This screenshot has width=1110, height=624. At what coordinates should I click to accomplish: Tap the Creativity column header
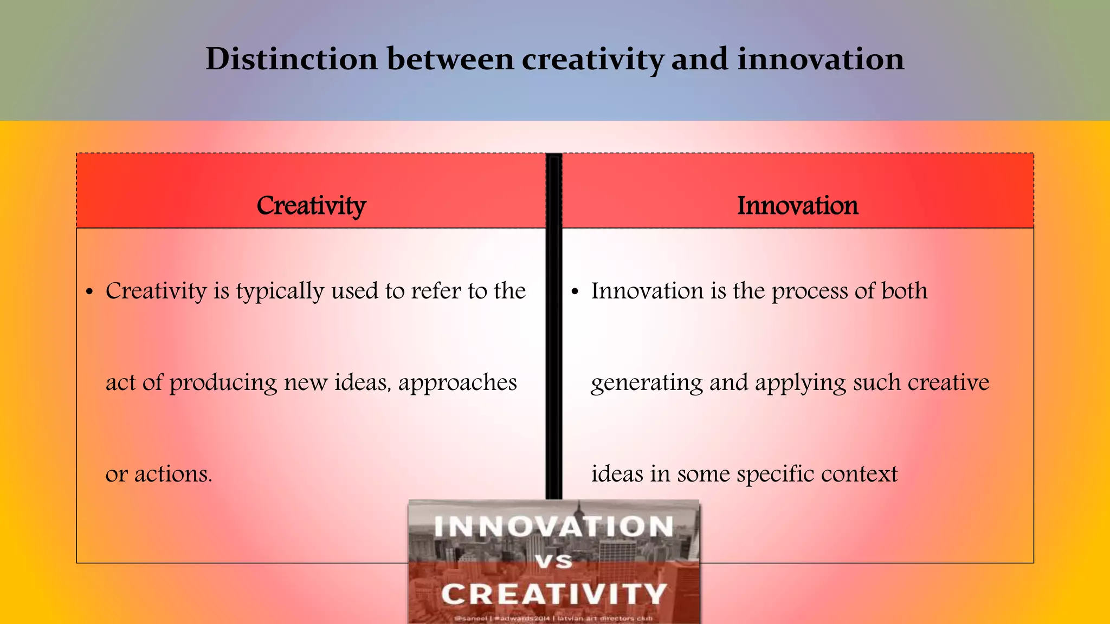[x=311, y=205]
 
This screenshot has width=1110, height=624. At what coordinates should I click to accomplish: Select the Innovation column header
[x=797, y=205]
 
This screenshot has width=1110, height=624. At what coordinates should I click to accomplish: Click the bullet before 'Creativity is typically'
[x=90, y=292]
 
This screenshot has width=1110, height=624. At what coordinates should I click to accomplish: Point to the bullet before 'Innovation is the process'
[x=575, y=292]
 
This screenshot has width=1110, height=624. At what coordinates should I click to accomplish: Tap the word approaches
[x=457, y=383]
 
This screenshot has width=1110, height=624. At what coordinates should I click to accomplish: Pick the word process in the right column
[x=810, y=291]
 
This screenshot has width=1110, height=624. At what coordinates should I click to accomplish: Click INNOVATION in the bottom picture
[x=553, y=526]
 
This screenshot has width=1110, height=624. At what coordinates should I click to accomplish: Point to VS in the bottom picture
[x=554, y=561]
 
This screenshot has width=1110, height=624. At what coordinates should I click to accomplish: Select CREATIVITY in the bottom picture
[x=553, y=594]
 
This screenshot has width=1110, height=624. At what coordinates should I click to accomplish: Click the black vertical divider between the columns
[x=553, y=325]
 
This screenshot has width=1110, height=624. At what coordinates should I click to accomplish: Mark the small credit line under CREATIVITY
[x=553, y=618]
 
